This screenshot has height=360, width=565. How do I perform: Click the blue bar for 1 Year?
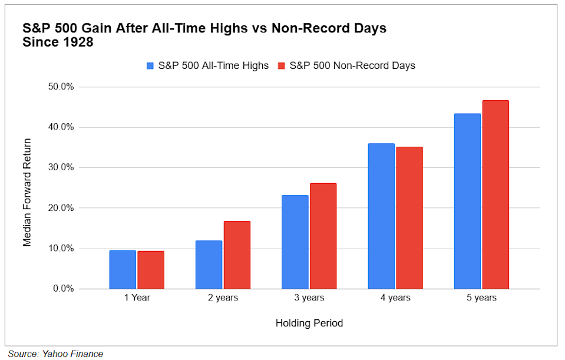[123, 270]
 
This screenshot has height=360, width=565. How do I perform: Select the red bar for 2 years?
[236, 255]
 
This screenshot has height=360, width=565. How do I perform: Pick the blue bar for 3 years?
[295, 242]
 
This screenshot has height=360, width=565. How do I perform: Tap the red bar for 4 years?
[409, 218]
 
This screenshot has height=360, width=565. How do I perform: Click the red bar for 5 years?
[495, 194]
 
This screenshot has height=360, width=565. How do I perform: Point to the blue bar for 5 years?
[467, 202]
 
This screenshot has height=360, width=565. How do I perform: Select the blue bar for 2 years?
[209, 265]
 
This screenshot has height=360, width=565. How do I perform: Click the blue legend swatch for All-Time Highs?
[150, 65]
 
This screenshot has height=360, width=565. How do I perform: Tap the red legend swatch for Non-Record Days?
[282, 65]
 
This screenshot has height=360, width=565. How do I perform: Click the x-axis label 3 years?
[309, 298]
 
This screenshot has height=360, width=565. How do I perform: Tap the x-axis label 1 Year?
[137, 298]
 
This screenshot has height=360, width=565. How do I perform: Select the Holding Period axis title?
[309, 323]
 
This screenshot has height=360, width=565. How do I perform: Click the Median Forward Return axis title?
[27, 192]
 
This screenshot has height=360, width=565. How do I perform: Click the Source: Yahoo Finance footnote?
[55, 354]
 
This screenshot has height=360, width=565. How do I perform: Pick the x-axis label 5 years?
[481, 298]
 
